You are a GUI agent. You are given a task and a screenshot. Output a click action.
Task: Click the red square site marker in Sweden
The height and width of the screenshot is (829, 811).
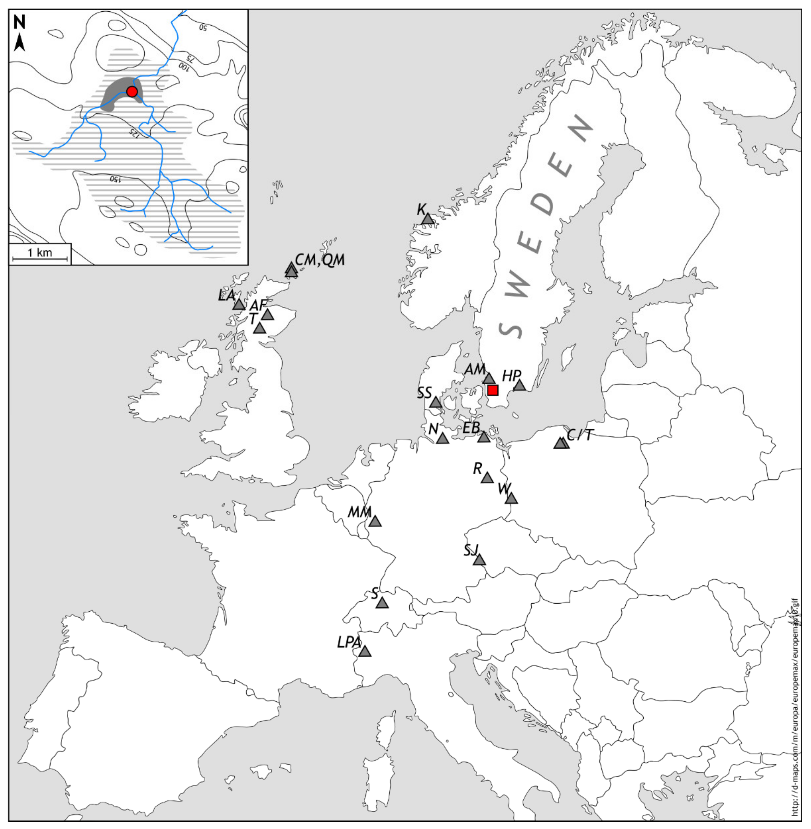coord(493,390)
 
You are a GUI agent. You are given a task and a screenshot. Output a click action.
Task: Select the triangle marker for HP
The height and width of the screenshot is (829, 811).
coord(519,385)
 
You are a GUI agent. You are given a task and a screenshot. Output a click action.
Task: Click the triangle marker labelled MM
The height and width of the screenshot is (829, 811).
coord(375,521)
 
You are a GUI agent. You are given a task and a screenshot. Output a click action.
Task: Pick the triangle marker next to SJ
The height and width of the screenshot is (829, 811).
coord(479,560)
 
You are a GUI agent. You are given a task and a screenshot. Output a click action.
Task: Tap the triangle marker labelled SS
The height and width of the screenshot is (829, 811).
coord(435,402)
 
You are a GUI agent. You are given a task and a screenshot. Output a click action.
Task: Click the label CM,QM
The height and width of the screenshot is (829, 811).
coord(320,260)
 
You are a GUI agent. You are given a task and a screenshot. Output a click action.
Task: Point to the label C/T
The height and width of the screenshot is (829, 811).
coord(580,435)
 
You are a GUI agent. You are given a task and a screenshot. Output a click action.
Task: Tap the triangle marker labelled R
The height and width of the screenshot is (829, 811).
coord(487,478)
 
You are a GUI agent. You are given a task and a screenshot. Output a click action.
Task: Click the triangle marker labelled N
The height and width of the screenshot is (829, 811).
coord(443,439)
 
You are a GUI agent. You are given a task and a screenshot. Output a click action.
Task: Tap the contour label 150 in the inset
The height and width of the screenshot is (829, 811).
coord(115,179)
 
